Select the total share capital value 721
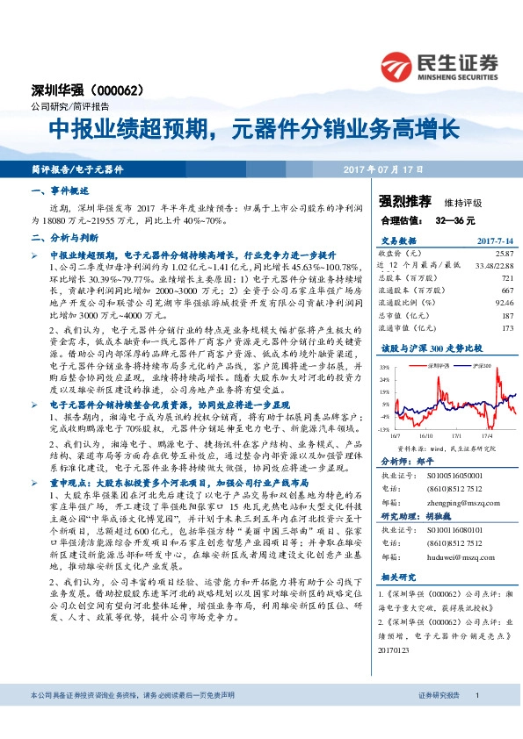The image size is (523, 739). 505,276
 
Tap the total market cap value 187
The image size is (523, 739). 505,315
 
